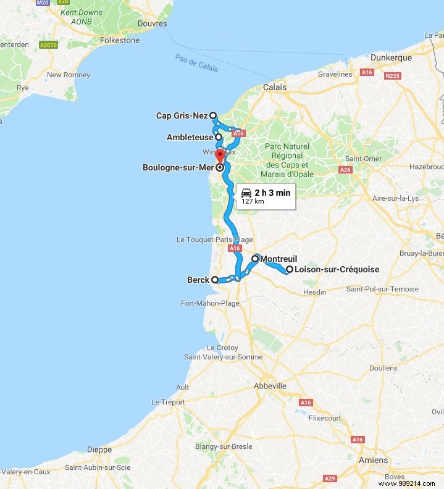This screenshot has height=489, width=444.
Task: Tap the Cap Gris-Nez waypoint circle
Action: pos(212,115)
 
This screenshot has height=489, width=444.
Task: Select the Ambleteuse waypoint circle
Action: pos(219,137)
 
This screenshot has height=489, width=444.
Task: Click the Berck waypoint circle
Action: pos(215,280)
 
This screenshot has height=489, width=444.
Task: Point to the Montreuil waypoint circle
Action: pos(255,259)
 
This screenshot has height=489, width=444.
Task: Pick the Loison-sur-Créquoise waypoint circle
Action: pos(289,269)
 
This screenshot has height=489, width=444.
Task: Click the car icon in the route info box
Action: pos(246,192)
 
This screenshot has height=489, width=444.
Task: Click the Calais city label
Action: pos(275,87)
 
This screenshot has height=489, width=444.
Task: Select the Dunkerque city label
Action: pos(390,57)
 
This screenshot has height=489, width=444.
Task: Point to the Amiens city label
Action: pos(374,460)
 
